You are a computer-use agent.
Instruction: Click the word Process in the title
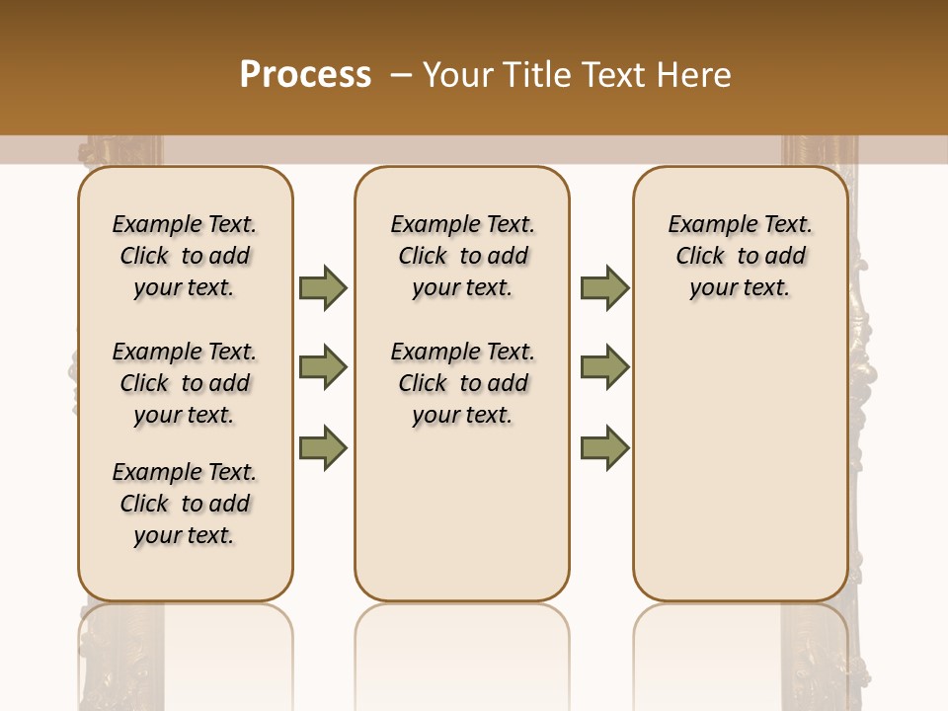click(x=305, y=74)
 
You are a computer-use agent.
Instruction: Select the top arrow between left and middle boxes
click(x=323, y=287)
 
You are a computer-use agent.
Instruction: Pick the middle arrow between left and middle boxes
click(x=323, y=367)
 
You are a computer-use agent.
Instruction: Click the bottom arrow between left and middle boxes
click(x=323, y=448)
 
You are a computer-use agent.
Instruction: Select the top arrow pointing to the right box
click(x=604, y=287)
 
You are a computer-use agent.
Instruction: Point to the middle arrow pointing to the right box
click(x=604, y=367)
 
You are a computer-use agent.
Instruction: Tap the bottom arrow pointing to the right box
click(x=604, y=448)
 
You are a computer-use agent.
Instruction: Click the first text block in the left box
click(x=185, y=256)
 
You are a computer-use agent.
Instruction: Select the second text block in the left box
click(x=185, y=383)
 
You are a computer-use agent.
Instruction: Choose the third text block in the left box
click(x=185, y=504)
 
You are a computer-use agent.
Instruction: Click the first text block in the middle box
click(x=462, y=256)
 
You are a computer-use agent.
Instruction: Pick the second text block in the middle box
click(x=462, y=383)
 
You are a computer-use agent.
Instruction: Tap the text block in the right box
click(x=740, y=256)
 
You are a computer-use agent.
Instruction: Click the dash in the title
click(x=400, y=74)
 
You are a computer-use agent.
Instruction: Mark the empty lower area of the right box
click(x=740, y=474)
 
